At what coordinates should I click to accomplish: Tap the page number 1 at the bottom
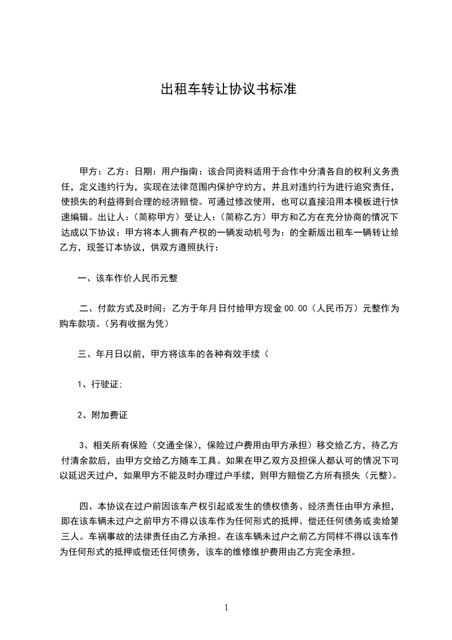tap(226, 608)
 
